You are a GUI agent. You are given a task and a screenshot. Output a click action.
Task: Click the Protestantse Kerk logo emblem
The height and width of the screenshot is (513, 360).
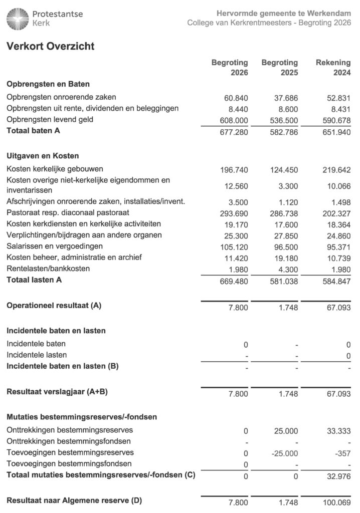[18, 19]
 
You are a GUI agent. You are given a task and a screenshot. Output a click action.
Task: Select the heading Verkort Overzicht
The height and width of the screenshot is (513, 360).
[50, 47]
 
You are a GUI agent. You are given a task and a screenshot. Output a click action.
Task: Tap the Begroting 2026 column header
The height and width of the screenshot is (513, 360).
[230, 68]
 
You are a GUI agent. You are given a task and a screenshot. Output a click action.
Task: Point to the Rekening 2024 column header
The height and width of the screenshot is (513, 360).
[333, 68]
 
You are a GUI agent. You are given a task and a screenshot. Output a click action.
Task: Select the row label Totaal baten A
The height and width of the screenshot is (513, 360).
[34, 131]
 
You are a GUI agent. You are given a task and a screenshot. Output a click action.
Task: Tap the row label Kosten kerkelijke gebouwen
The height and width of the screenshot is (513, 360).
[55, 169]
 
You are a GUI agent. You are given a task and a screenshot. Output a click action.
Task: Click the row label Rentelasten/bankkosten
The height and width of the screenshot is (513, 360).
[48, 269]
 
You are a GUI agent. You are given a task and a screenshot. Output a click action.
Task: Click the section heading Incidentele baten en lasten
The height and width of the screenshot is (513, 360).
[56, 331]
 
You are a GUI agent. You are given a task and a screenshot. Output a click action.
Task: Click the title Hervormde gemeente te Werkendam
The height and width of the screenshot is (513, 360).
[284, 13]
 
